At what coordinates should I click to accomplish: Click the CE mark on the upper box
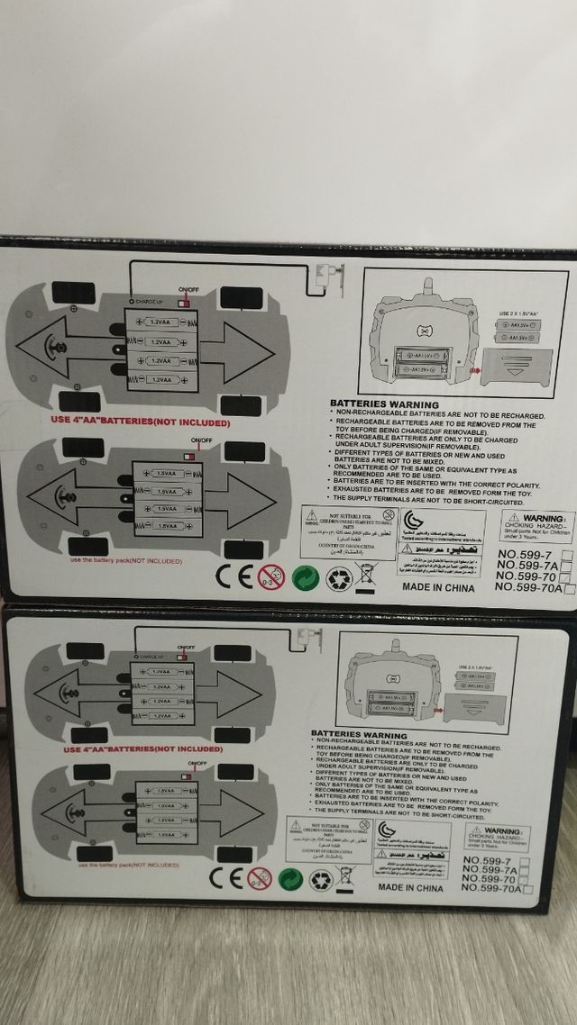click(x=233, y=576)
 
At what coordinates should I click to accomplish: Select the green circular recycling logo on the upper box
click(x=305, y=577)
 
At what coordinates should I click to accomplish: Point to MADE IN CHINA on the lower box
click(x=416, y=886)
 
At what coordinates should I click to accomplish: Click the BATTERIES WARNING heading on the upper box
click(x=384, y=404)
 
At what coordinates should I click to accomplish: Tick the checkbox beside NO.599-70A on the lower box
click(x=528, y=890)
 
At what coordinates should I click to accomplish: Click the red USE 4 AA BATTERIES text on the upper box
click(x=140, y=422)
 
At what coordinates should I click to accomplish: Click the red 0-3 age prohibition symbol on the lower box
click(x=260, y=879)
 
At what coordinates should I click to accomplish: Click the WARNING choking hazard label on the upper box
click(x=537, y=526)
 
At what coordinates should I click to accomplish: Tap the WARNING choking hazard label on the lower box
click(x=497, y=837)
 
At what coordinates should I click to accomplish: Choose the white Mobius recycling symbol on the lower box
click(x=320, y=879)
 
